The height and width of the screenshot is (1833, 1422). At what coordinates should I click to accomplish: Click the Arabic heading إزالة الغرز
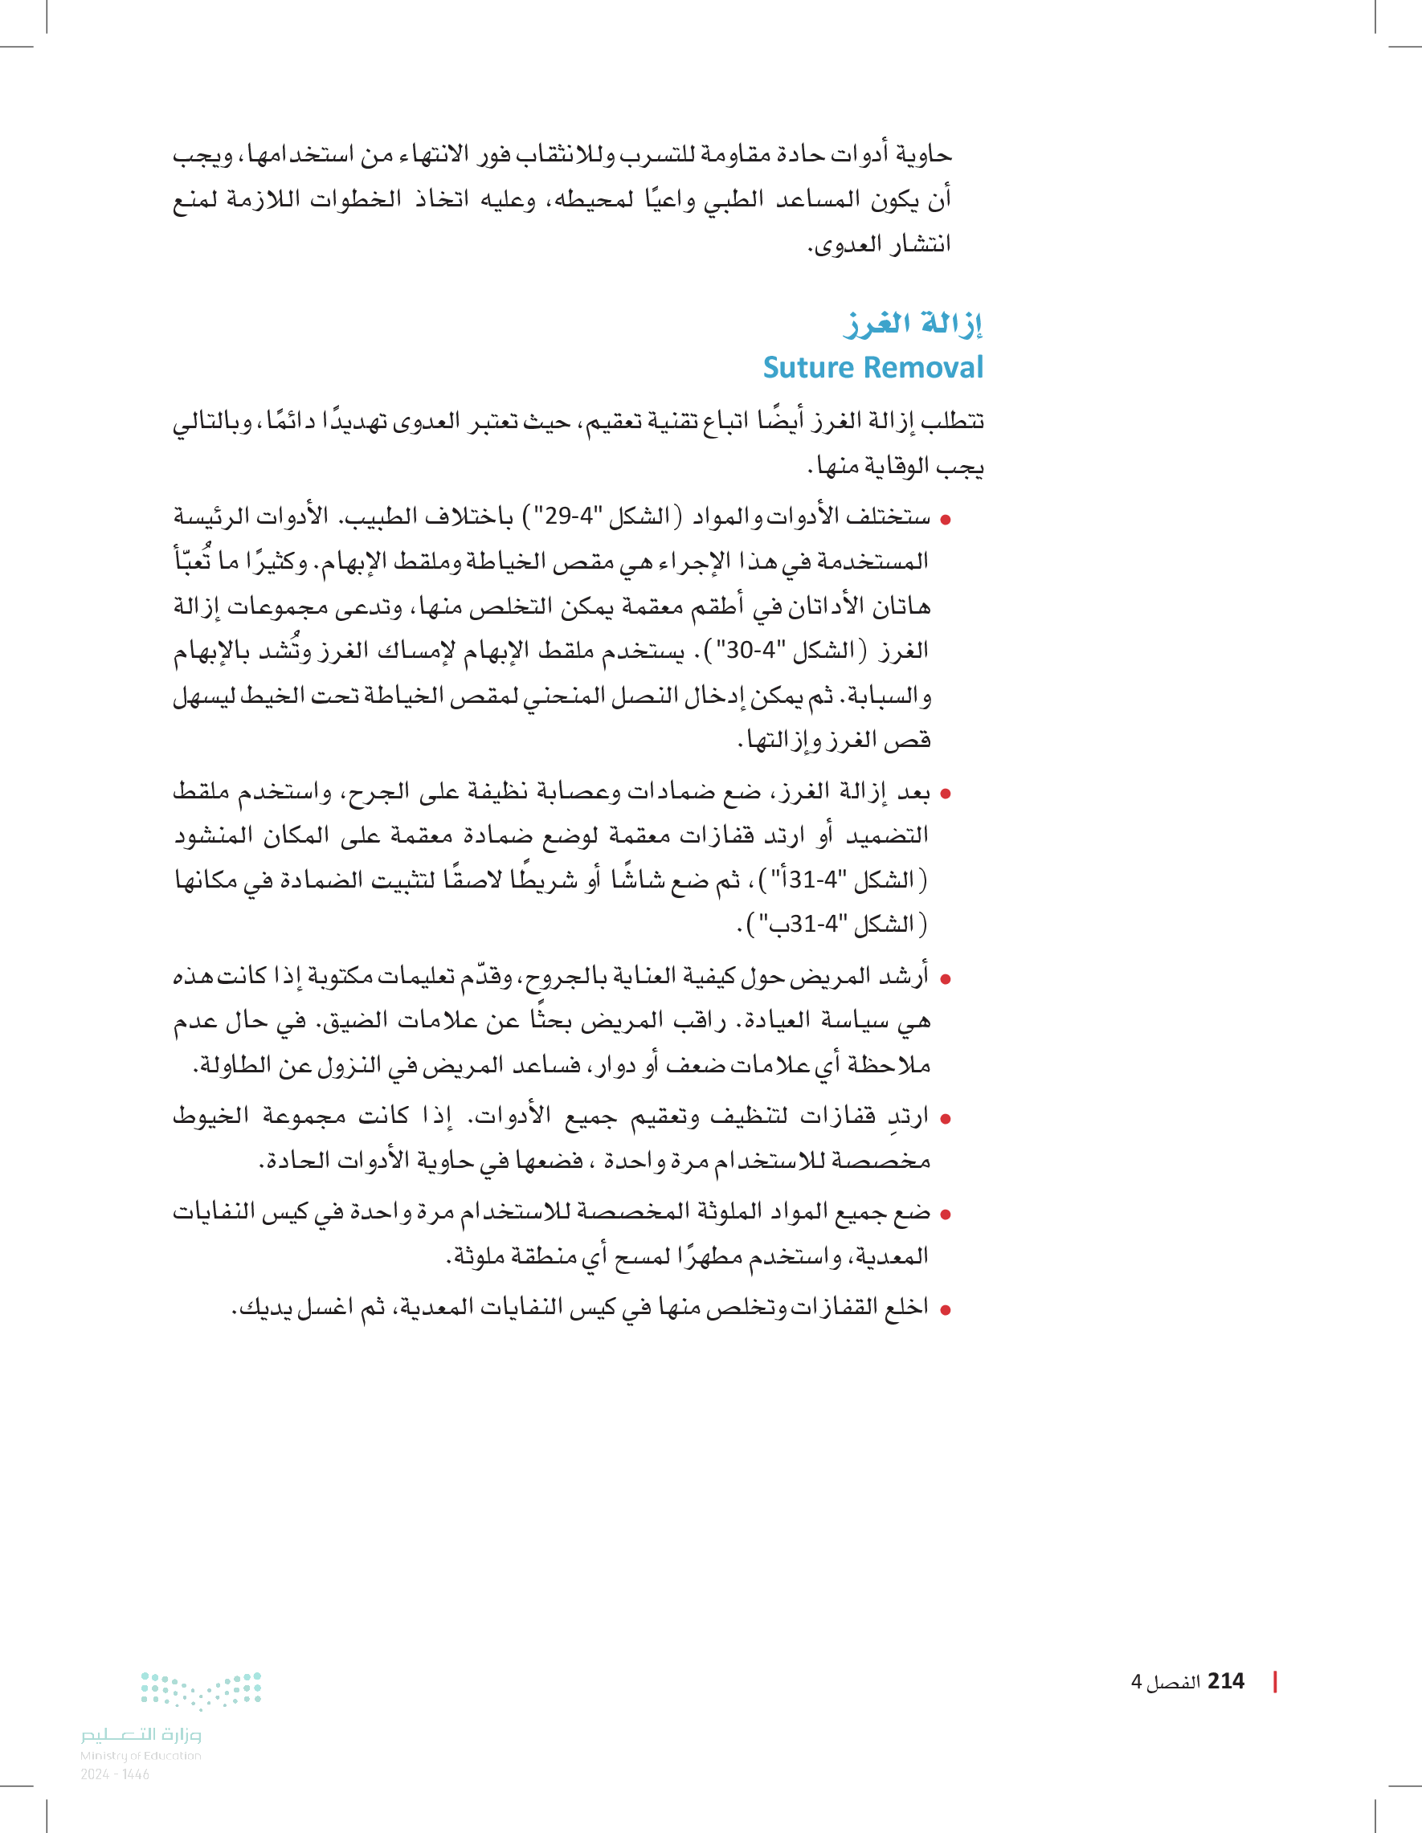coord(913,324)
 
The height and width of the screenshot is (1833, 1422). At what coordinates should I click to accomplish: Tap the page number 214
coord(1226,1681)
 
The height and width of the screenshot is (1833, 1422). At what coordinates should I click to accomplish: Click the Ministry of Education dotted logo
coord(202,1690)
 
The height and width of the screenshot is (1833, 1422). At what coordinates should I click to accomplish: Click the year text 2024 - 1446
coord(115,1774)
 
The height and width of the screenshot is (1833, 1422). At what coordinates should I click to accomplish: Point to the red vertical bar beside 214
coord(1275,1681)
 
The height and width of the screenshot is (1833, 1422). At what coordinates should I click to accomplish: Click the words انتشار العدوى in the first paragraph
coord(879,245)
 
